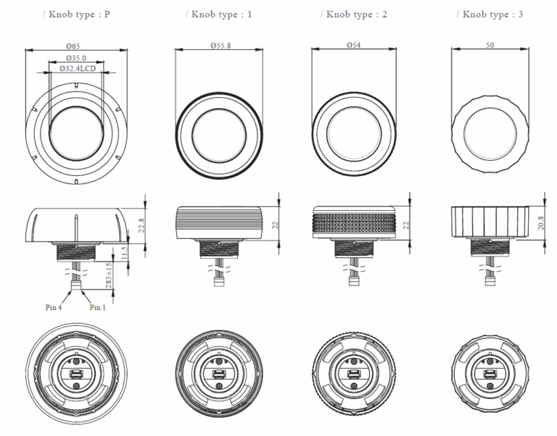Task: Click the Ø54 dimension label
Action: click(x=355, y=46)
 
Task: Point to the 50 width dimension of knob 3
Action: click(x=490, y=46)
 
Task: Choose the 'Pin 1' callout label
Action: click(x=99, y=306)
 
